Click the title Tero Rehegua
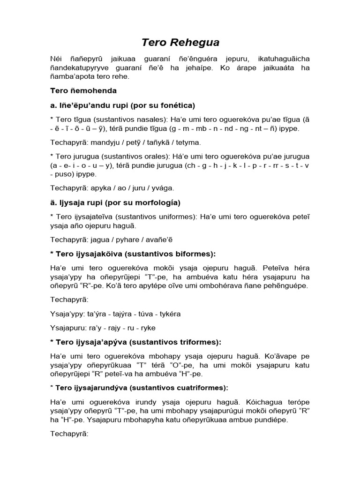180,43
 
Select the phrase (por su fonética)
164,105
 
